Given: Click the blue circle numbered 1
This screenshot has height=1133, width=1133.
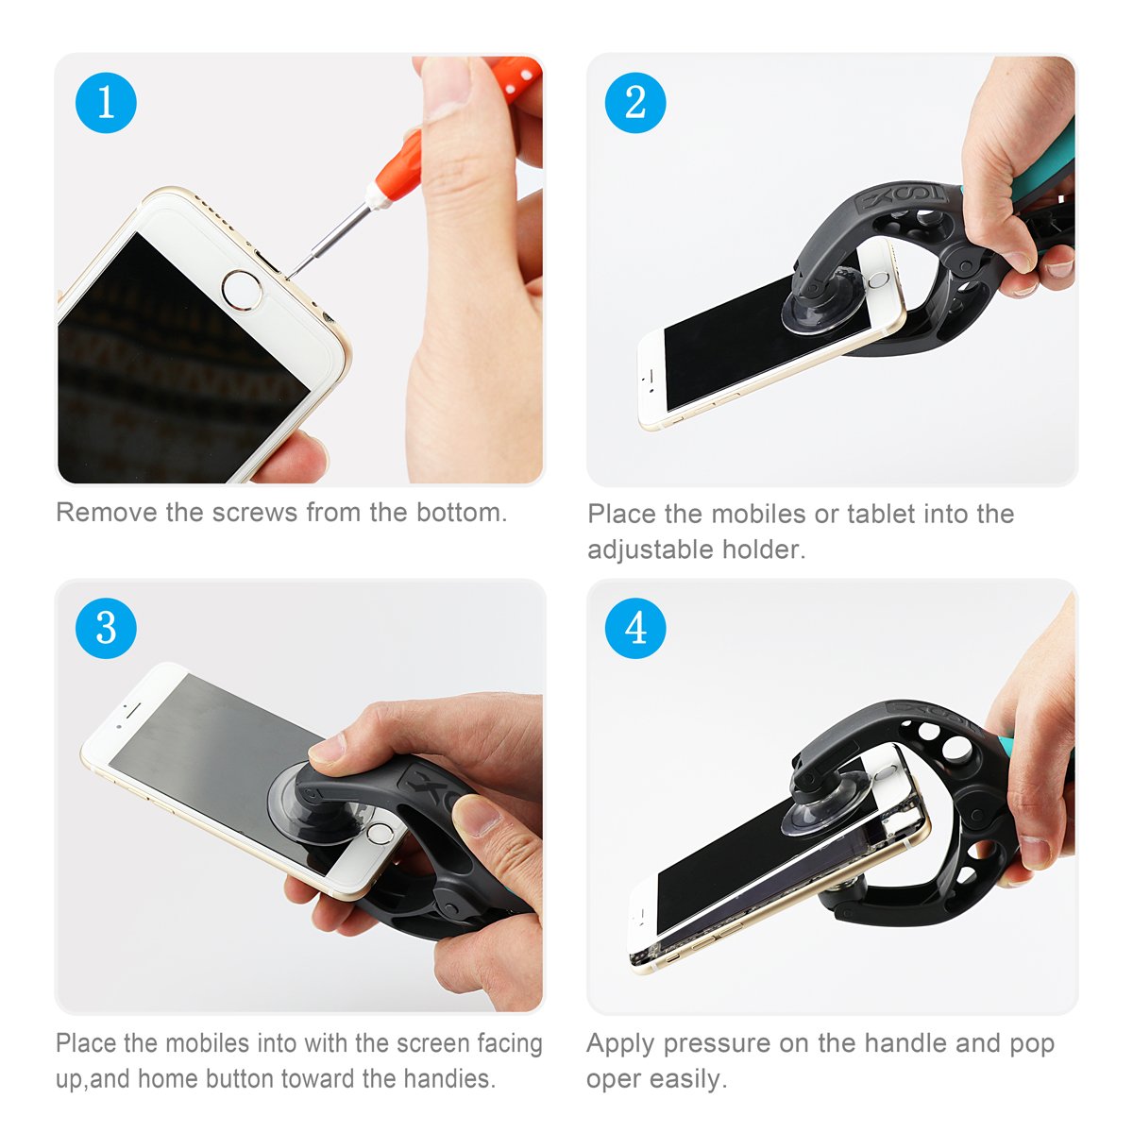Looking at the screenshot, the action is [106, 102].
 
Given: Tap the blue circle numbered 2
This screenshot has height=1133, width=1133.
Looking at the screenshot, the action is [635, 102].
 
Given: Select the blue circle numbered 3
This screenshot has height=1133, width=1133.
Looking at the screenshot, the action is [106, 628].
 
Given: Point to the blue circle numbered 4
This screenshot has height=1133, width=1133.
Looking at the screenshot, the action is [635, 628].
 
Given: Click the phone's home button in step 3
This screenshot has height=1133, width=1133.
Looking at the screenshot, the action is [380, 833].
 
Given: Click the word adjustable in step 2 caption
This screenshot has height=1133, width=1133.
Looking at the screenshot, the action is [650, 550].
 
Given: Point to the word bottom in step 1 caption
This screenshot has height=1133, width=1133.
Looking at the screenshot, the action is [461, 513].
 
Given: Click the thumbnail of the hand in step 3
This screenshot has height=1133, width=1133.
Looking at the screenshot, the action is [328, 749].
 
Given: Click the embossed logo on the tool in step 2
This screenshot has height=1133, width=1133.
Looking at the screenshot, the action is [902, 198].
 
